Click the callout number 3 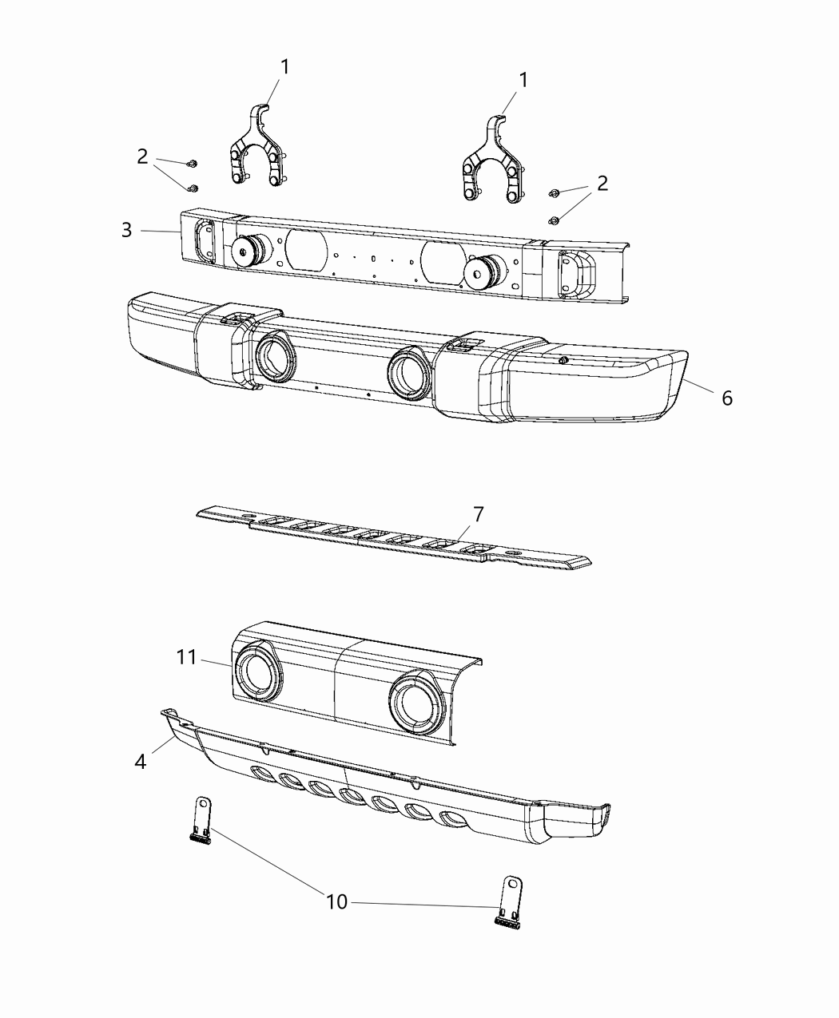(x=127, y=230)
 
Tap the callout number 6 (x=726, y=398)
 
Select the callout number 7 (x=478, y=514)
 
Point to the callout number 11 (x=186, y=657)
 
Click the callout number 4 (x=141, y=761)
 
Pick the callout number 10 (x=336, y=901)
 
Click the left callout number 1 (x=284, y=66)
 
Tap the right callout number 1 (x=523, y=80)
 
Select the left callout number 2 (x=142, y=156)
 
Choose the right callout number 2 (x=602, y=183)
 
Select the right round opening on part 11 (x=417, y=703)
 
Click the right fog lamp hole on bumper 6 (x=410, y=373)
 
